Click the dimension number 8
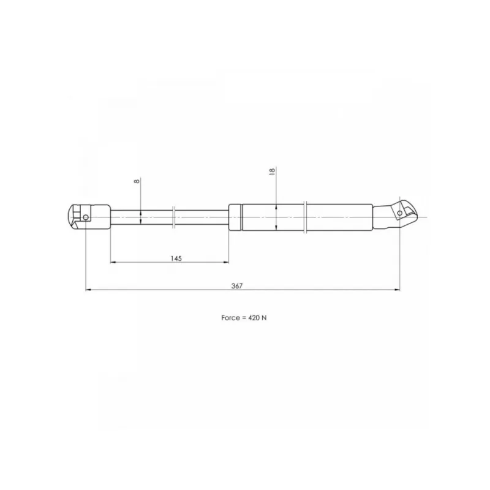pos(137,181)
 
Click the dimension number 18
pos(272,171)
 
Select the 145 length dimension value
pos(176,258)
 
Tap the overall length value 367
pos(237,285)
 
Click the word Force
pos(230,318)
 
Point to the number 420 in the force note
pos(254,318)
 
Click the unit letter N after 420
pos(264,318)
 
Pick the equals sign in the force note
pos(244,318)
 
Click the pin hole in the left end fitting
pos(85,217)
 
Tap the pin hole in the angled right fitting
pos(400,213)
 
